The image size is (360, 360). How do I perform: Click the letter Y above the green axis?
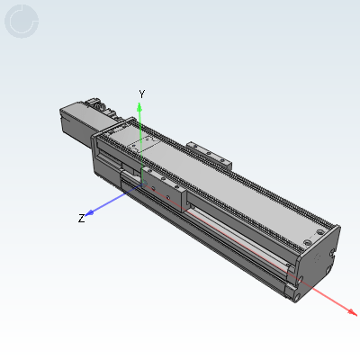142,94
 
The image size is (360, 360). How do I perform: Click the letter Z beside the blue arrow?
81,219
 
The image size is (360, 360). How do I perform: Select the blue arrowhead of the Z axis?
89,213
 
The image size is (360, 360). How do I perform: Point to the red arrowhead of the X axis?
352,312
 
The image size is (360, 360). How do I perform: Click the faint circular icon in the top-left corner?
22,22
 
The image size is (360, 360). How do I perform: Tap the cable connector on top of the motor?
99,105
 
